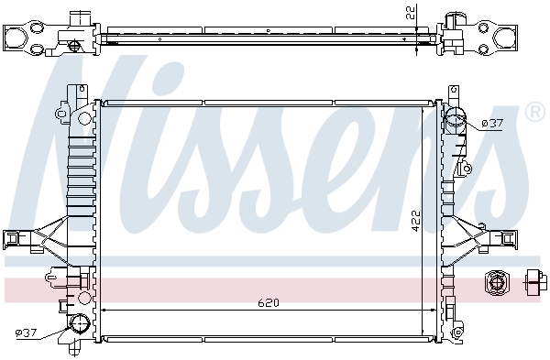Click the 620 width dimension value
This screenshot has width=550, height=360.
tap(269, 302)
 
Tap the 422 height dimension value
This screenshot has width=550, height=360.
tap(415, 221)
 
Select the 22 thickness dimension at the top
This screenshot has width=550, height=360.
tap(412, 12)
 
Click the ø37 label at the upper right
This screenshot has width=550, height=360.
tap(492, 124)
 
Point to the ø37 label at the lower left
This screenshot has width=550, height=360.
tap(26, 333)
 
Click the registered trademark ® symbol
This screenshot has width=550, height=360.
tap(535, 112)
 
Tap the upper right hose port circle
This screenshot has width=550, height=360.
tap(455, 116)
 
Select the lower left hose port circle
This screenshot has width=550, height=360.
tap(80, 323)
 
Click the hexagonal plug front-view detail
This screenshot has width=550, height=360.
tap(496, 282)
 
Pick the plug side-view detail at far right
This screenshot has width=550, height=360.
tap(536, 280)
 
